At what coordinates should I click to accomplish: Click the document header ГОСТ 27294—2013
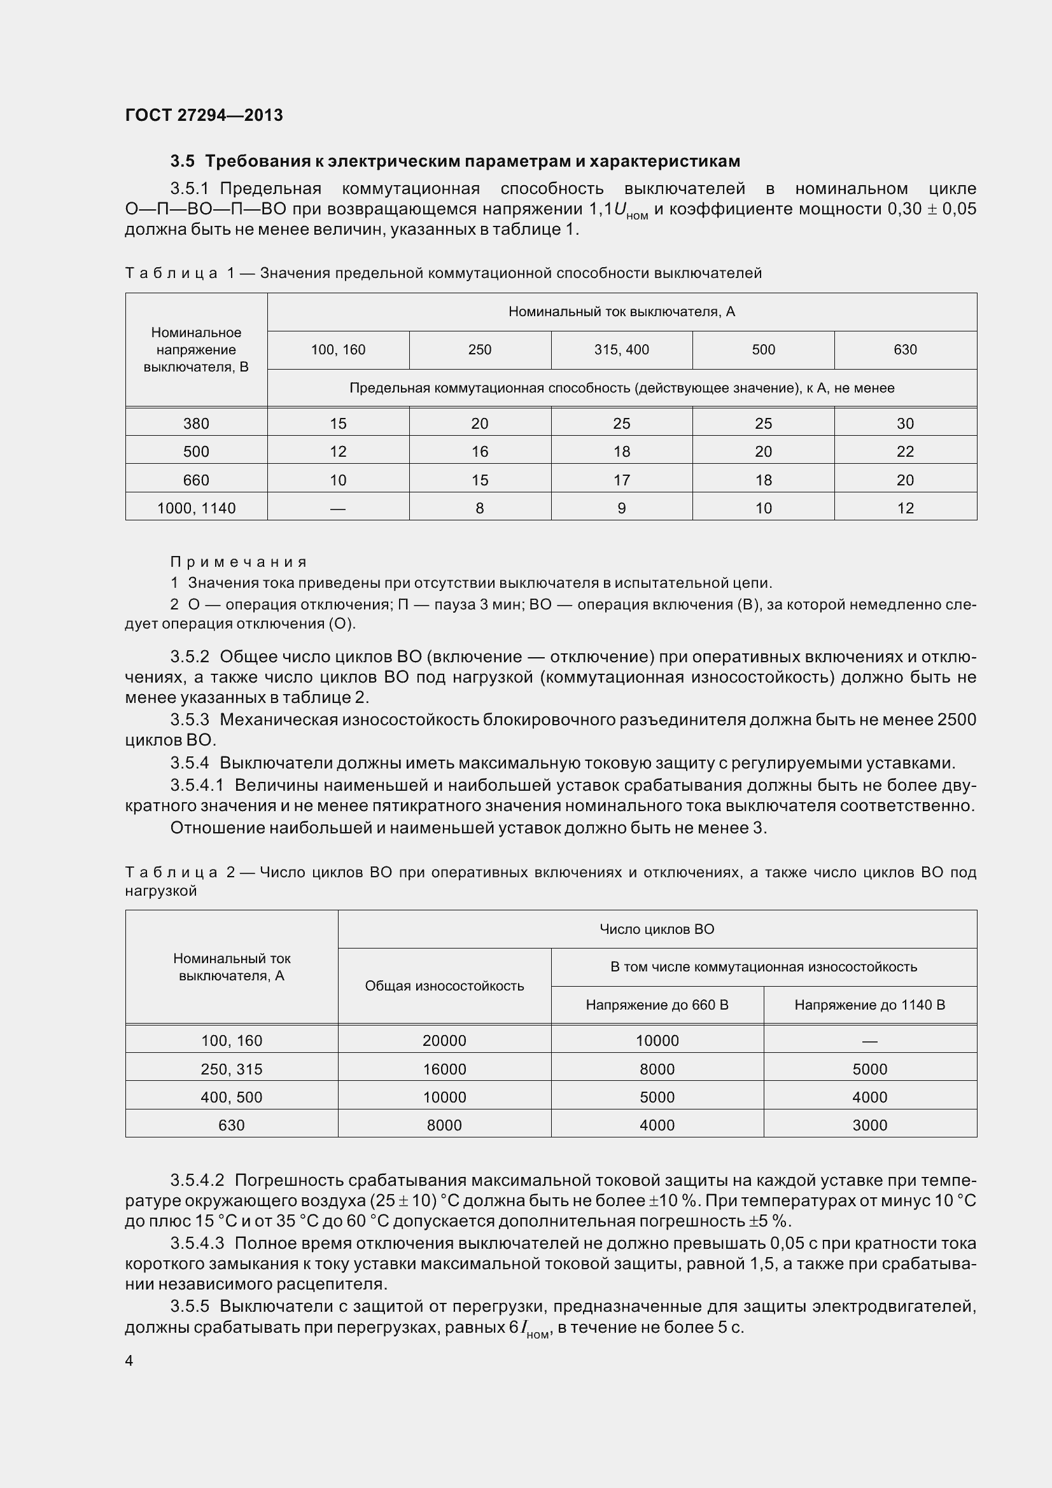pyautogui.click(x=204, y=115)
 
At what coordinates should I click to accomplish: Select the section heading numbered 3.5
pyautogui.click(x=454, y=161)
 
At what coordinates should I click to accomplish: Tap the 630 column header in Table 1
pyautogui.click(x=905, y=350)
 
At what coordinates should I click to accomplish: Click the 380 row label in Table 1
pyautogui.click(x=196, y=424)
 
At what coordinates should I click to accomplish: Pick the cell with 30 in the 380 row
pyautogui.click(x=905, y=424)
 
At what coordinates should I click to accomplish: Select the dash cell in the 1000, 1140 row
pyautogui.click(x=338, y=509)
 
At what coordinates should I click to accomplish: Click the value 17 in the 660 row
pyautogui.click(x=621, y=480)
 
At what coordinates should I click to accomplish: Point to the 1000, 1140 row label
pyautogui.click(x=196, y=509)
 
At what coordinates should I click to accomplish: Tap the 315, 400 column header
pyautogui.click(x=621, y=350)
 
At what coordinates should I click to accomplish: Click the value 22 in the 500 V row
pyautogui.click(x=905, y=452)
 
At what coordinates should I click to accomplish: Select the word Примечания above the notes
pyautogui.click(x=238, y=562)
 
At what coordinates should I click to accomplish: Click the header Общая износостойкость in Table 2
pyautogui.click(x=444, y=985)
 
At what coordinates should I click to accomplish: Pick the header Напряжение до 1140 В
pyautogui.click(x=869, y=1005)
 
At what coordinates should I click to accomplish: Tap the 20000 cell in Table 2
pyautogui.click(x=444, y=1041)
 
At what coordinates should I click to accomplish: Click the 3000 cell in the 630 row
pyautogui.click(x=869, y=1125)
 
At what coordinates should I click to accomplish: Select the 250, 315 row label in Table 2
pyautogui.click(x=232, y=1069)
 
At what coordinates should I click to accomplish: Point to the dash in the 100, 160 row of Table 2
pyautogui.click(x=869, y=1041)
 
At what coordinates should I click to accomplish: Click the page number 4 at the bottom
pyautogui.click(x=129, y=1361)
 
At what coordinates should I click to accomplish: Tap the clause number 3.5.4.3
pyautogui.click(x=197, y=1244)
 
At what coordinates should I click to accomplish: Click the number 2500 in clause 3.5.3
pyautogui.click(x=956, y=720)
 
